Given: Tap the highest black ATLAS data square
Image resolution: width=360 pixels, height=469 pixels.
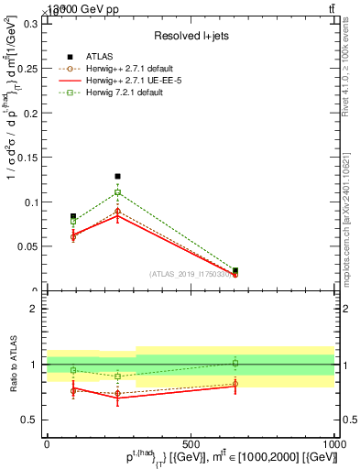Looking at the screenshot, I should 117,176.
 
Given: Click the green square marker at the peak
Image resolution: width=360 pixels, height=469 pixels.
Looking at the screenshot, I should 117,193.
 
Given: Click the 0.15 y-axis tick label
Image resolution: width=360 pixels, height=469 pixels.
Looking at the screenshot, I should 27,158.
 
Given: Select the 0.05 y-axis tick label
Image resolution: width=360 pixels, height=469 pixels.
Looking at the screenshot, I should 27,246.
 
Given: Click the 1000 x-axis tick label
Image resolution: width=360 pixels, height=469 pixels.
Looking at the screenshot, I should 333,442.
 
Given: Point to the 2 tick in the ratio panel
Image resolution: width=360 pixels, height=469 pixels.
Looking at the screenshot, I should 34,309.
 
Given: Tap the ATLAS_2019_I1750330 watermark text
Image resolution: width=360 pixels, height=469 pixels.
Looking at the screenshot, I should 191,274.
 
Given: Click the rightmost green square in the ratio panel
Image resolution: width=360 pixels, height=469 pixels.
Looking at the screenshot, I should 235,363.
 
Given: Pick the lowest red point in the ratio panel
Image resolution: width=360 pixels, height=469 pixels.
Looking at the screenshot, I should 117,398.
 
